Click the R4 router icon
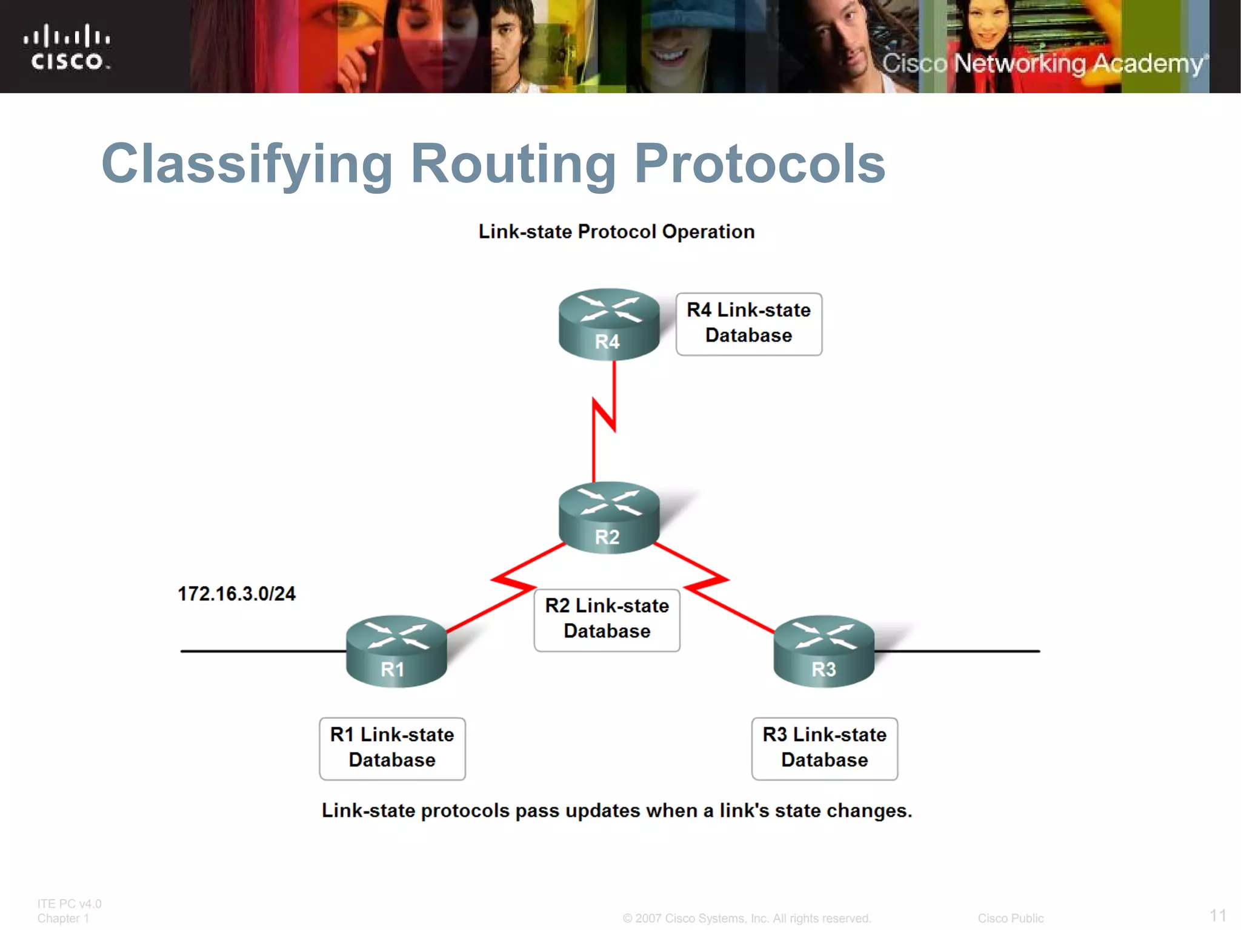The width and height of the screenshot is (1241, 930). [608, 324]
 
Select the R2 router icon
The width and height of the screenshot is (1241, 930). [608, 517]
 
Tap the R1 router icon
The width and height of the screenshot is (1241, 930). [396, 651]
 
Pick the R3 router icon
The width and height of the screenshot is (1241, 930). [824, 651]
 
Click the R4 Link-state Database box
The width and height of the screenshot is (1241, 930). [749, 324]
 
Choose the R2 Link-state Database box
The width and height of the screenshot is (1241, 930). [607, 619]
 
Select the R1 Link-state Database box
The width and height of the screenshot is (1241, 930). [392, 748]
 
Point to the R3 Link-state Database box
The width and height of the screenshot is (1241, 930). [824, 748]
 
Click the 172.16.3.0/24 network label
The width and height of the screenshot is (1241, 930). [236, 594]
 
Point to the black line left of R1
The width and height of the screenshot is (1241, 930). [261, 651]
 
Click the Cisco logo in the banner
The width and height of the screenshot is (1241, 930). [67, 47]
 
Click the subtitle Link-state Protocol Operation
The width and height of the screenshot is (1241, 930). [616, 231]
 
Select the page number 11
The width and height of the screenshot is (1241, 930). [1218, 915]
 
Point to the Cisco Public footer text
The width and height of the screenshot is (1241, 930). [1010, 918]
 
